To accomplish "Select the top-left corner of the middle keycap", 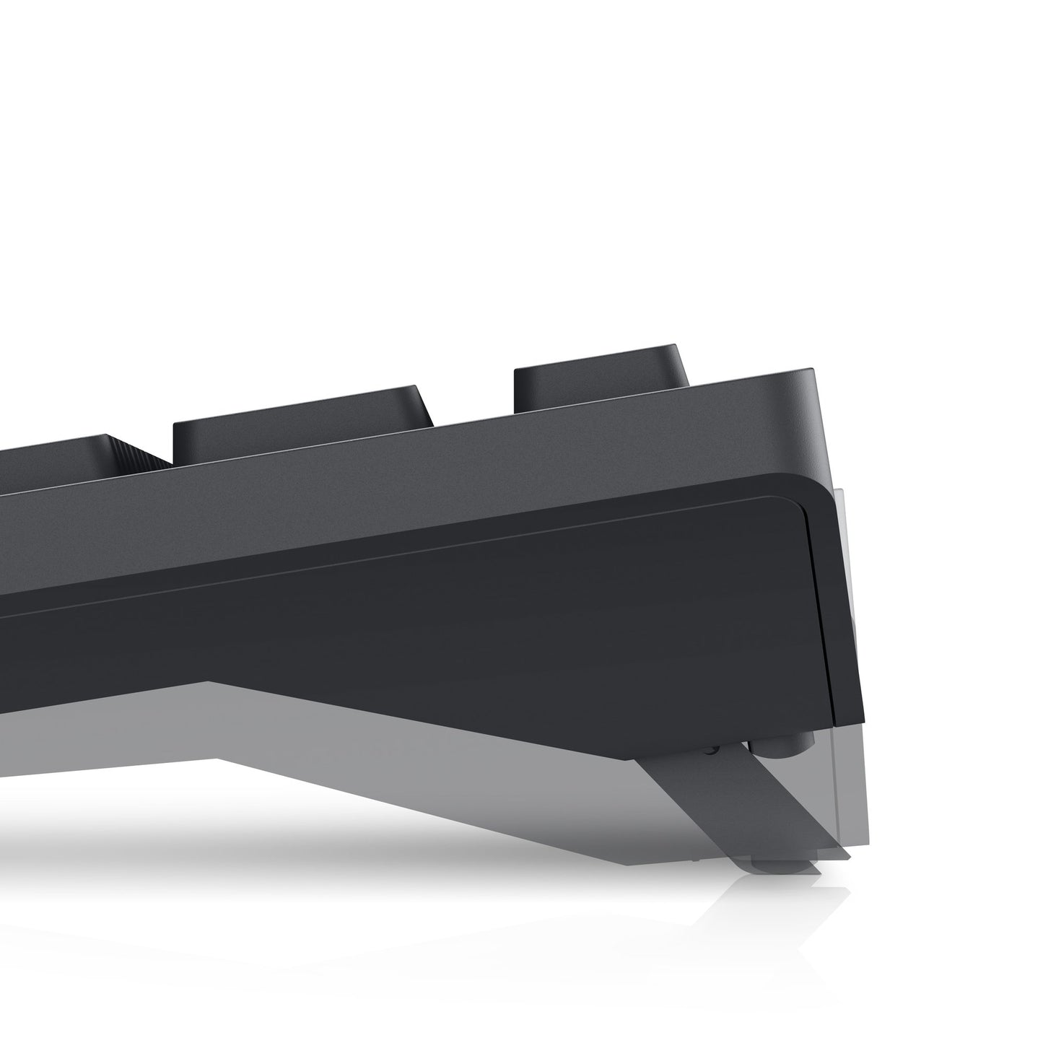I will click(178, 423).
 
